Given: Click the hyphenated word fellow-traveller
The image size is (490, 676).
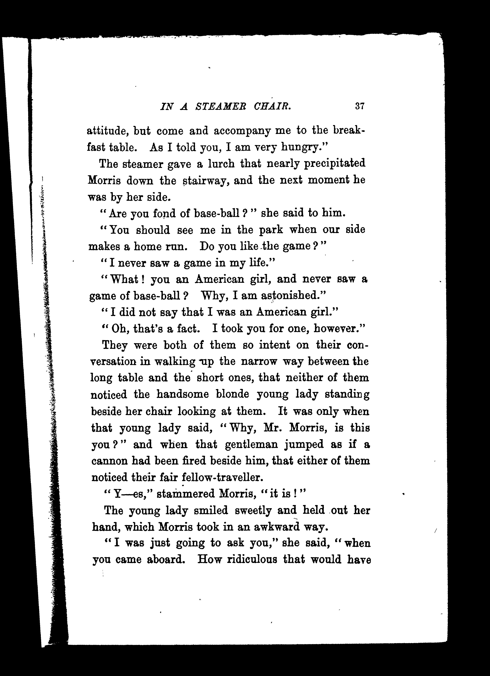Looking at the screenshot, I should pos(222,477).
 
